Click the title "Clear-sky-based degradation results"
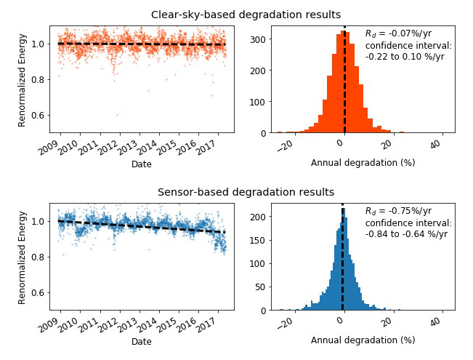click(246, 15)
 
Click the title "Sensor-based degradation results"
click(246, 192)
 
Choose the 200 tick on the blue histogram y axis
click(258, 217)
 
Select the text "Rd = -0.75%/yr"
click(397, 212)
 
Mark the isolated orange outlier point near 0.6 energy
click(116, 115)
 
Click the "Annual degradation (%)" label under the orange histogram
click(363, 163)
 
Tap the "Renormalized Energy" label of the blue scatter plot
click(23, 254)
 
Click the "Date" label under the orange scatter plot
click(142, 164)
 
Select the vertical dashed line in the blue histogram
click(342, 262)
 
